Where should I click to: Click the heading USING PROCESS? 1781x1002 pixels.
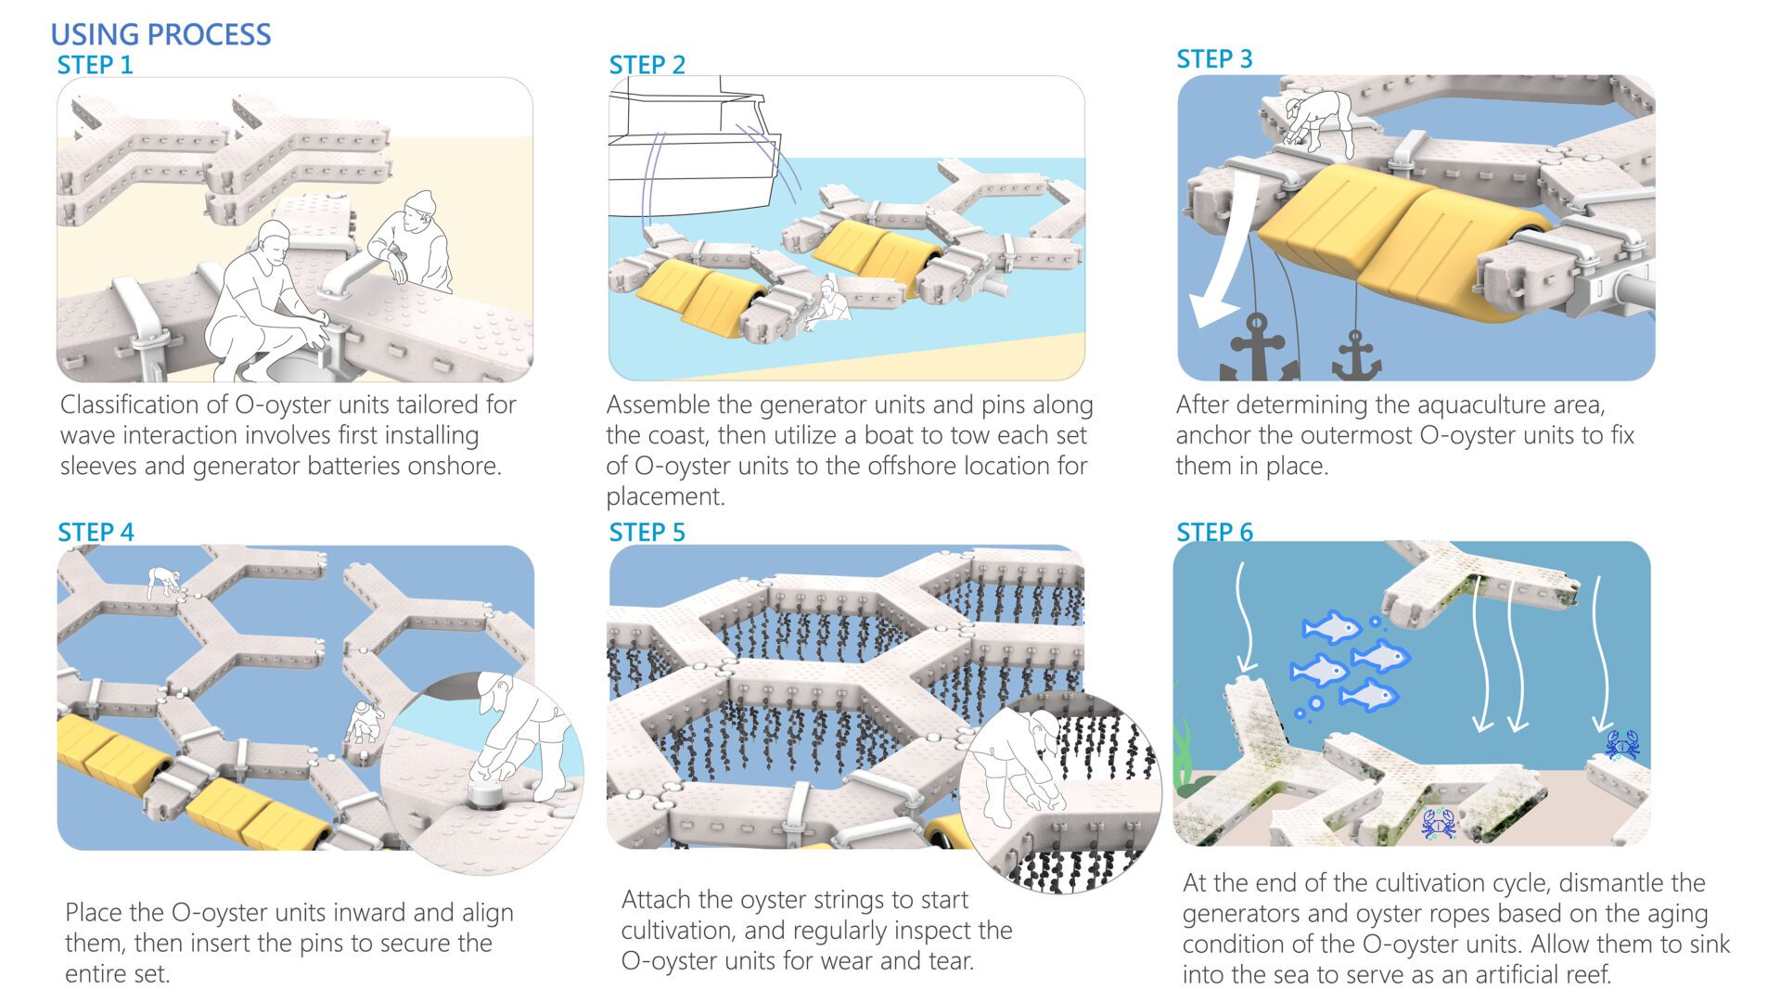(160, 34)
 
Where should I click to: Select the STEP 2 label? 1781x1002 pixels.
(647, 65)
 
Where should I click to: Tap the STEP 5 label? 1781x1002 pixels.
(647, 533)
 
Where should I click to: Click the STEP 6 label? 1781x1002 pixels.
(1214, 533)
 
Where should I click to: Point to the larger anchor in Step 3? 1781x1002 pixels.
(1259, 350)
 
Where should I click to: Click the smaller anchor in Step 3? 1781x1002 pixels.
(1356, 357)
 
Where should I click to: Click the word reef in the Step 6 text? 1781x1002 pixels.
(1590, 975)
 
